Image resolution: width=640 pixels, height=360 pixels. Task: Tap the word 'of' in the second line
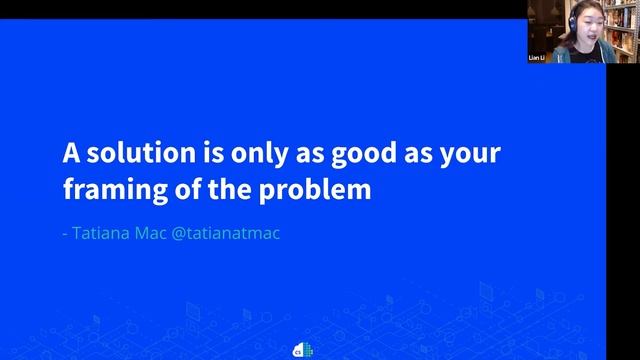(x=182, y=188)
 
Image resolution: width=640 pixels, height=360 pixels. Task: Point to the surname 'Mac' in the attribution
(x=157, y=235)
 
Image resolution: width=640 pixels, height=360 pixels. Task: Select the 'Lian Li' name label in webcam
(x=537, y=59)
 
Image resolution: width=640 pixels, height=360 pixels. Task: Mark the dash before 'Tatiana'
(x=65, y=236)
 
